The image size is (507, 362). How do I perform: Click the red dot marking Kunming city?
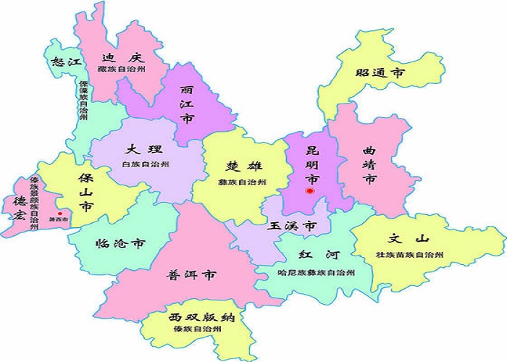pos(309,191)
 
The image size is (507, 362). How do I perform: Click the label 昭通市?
pos(380,73)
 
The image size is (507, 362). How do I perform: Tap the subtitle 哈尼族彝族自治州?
pos(317,273)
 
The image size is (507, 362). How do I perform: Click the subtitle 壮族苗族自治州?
pos(409,255)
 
